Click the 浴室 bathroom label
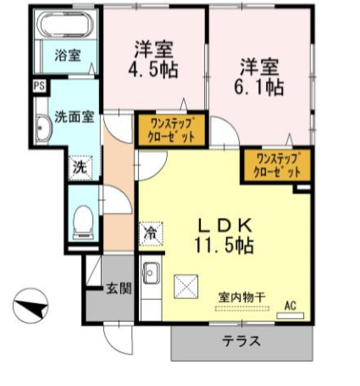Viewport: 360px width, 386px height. pyautogui.click(x=68, y=56)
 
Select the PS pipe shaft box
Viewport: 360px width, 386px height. pyautogui.click(x=40, y=85)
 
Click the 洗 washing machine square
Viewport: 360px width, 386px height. pyautogui.click(x=79, y=167)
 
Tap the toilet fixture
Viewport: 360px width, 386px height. pyautogui.click(x=83, y=223)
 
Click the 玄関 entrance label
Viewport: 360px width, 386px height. pyautogui.click(x=119, y=288)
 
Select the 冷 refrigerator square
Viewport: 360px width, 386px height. pyautogui.click(x=150, y=230)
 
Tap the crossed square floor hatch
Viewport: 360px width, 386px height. pyautogui.click(x=185, y=287)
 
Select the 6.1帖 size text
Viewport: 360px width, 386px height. pyautogui.click(x=260, y=86)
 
